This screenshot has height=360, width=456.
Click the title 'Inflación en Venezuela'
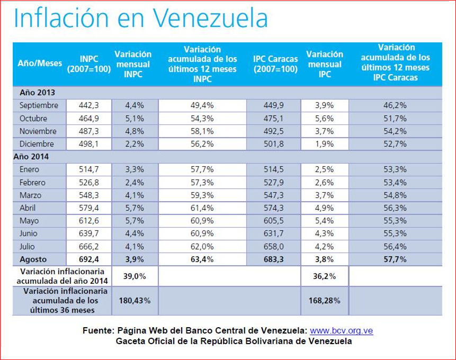pos(140,18)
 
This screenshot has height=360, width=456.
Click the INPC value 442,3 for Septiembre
pos(88,105)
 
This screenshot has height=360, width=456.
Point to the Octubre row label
pos(33,118)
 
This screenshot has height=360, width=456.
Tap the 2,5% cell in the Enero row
pos(324,169)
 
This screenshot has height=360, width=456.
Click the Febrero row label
pos(33,183)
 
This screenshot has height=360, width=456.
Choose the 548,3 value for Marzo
pos(88,195)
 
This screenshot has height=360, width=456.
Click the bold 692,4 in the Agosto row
pos(88,259)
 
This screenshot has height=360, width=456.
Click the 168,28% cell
pos(324,300)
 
